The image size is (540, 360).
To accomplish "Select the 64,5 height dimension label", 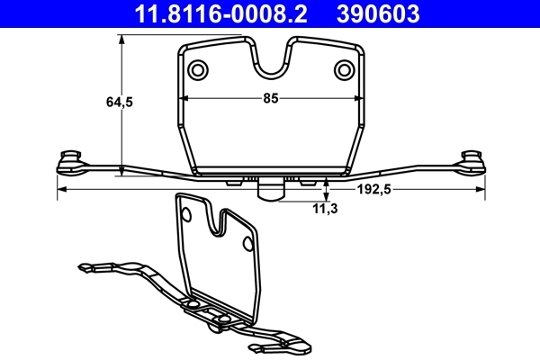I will pyautogui.click(x=120, y=103).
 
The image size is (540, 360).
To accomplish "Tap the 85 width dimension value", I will pyautogui.click(x=270, y=99).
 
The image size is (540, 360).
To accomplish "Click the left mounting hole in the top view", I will pyautogui.click(x=197, y=69).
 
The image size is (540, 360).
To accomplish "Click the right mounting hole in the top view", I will pyautogui.click(x=343, y=69).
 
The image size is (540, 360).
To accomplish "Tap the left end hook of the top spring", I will pyautogui.click(x=68, y=161).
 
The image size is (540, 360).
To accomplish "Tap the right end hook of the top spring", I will pyautogui.click(x=472, y=161).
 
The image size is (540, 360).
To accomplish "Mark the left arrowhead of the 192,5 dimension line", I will pyautogui.click(x=60, y=190).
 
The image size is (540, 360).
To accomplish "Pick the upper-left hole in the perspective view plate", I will pyautogui.click(x=186, y=214).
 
